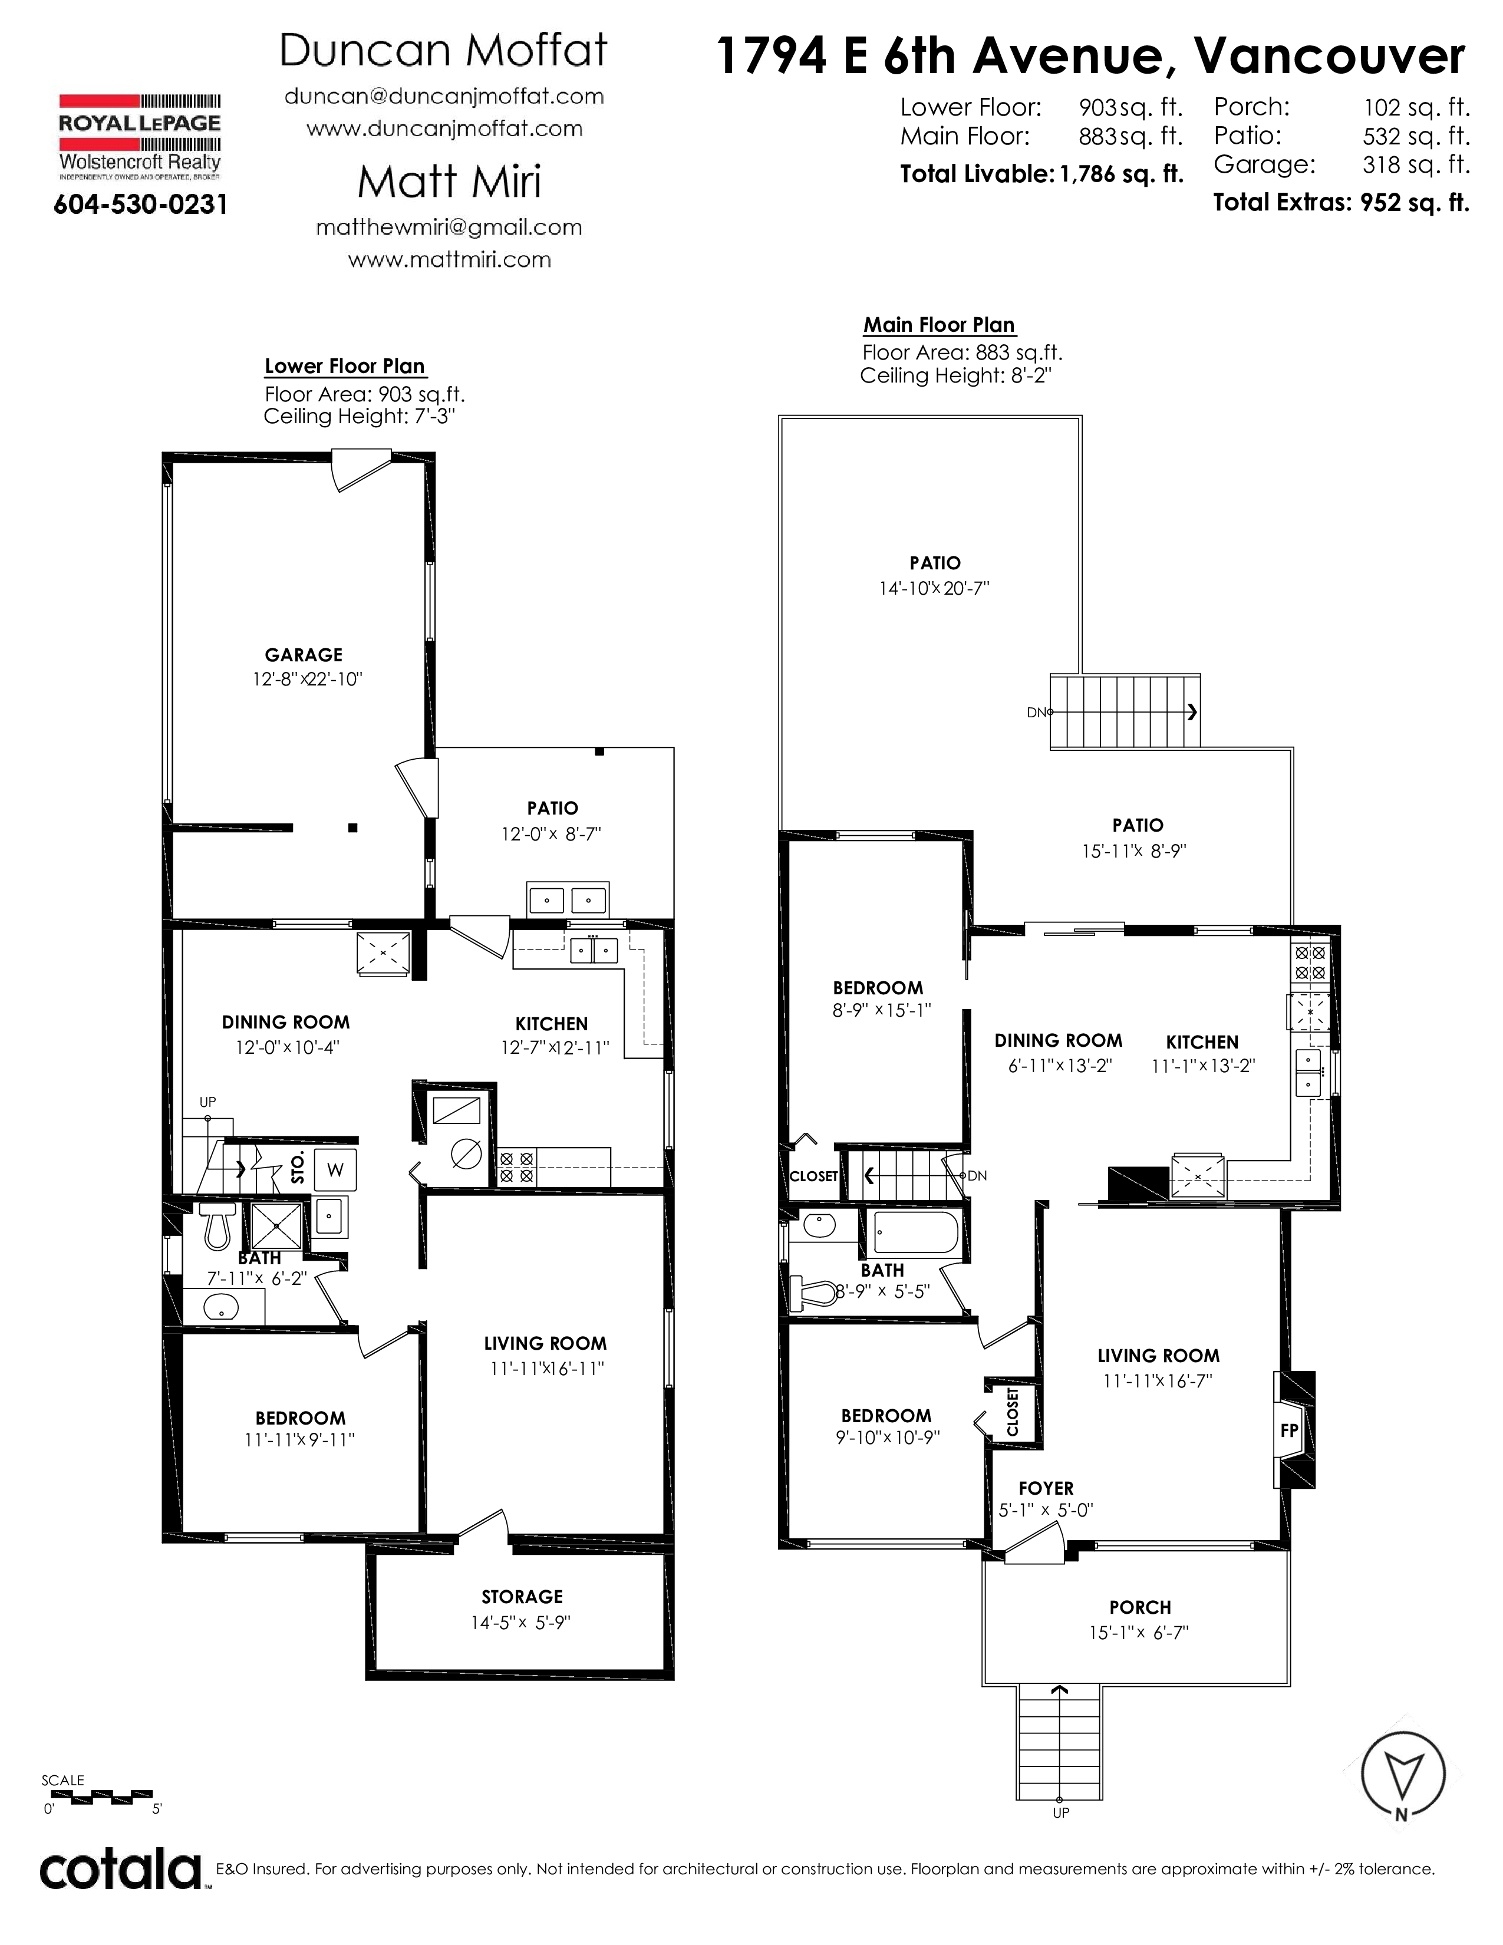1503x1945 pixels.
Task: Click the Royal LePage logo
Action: tap(140, 136)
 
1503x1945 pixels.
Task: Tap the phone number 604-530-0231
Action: tap(141, 205)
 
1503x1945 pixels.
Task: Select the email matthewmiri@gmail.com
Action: tap(449, 227)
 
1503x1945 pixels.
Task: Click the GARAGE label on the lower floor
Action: tap(304, 655)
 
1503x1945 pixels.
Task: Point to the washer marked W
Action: tap(335, 1170)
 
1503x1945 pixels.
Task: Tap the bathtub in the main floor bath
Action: tap(916, 1232)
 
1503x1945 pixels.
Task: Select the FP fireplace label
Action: tap(1288, 1430)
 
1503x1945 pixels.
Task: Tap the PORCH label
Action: tap(1140, 1607)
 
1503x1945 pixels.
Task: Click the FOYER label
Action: tap(1046, 1488)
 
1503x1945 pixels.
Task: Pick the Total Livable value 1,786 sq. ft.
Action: tap(1122, 174)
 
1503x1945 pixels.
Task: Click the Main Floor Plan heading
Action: tap(940, 325)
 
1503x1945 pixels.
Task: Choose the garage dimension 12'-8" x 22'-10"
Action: tap(307, 680)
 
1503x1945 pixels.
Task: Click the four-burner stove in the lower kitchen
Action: tap(516, 1166)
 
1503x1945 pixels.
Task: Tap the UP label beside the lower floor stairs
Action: tap(207, 1102)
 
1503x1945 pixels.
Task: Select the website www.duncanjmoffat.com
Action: tap(444, 129)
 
